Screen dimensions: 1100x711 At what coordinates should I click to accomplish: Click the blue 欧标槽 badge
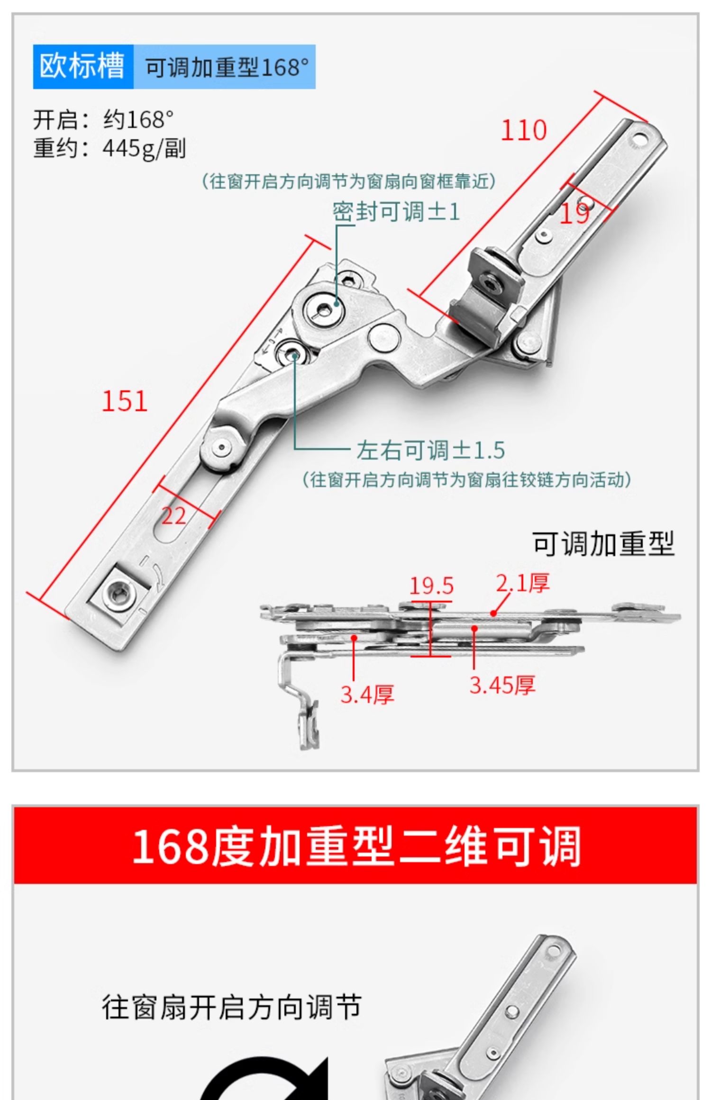[x=82, y=66]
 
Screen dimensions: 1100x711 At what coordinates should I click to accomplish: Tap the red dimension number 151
[x=124, y=401]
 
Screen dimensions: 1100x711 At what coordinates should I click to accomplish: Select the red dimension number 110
[x=523, y=130]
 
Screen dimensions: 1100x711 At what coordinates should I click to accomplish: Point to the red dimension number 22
[x=173, y=516]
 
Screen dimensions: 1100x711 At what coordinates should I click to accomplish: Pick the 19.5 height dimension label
[x=431, y=586]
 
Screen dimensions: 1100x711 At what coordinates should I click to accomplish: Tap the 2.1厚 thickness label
[x=523, y=583]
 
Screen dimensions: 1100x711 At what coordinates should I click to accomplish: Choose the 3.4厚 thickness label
[x=367, y=695]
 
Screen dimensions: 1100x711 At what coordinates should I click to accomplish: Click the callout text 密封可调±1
[x=396, y=212]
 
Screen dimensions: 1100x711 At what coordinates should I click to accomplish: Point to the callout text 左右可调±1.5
[x=430, y=450]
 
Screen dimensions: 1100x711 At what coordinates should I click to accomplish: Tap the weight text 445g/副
[x=144, y=148]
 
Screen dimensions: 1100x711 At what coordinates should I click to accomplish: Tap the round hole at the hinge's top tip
[x=640, y=140]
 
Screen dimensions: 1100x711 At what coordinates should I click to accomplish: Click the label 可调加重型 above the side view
[x=603, y=544]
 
